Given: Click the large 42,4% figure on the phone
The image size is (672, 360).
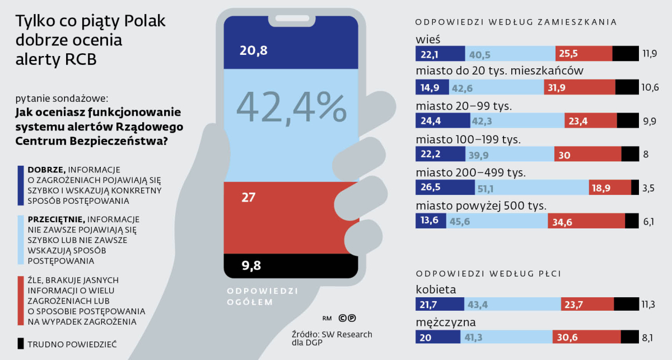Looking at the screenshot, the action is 292,107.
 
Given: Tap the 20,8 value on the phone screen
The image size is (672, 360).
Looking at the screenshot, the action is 254,50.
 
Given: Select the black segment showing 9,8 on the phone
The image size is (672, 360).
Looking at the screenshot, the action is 291,266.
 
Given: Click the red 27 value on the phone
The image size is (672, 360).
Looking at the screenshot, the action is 249,198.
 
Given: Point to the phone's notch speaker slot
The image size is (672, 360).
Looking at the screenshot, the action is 292,18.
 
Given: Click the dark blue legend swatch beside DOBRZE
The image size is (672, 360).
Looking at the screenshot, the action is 21,185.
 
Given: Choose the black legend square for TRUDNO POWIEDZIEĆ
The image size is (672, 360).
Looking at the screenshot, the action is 21,344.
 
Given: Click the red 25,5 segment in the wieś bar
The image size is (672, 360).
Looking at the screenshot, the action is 584,53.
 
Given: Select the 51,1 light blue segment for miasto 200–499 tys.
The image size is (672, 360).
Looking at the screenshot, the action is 532,187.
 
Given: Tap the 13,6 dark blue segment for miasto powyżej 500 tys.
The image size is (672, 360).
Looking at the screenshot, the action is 431,221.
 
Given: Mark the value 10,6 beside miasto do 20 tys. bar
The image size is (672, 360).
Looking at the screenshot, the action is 650,87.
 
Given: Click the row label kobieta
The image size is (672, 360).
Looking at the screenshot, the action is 436,289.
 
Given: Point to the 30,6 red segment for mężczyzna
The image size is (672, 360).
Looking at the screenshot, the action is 586,336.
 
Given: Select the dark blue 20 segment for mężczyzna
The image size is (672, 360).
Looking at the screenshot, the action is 438,336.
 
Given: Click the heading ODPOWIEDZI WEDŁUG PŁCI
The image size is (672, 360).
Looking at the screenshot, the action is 488,274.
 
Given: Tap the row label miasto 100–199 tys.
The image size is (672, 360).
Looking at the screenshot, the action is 468,139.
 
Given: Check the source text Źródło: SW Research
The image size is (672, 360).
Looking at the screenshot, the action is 332,334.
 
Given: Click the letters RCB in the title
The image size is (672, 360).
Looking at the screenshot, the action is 81,59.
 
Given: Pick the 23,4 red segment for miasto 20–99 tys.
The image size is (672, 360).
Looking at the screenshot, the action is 591,120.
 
